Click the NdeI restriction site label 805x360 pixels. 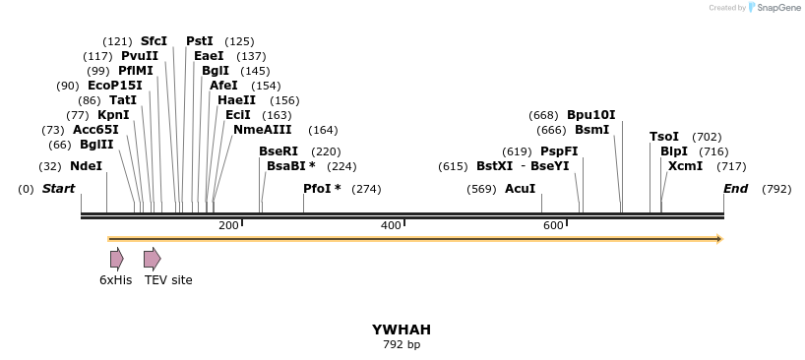coord(86,166)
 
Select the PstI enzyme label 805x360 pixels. coord(200,41)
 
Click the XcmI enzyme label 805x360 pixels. coord(685,166)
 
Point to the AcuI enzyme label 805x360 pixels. coord(520,189)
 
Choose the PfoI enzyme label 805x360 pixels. coord(322,189)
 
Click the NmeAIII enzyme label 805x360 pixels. coord(262,130)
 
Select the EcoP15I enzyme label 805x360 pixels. coord(114,86)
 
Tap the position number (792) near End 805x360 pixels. coord(775,189)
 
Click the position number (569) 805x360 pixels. coord(481,189)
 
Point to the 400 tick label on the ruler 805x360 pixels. coord(391,225)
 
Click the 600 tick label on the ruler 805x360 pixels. coord(553,225)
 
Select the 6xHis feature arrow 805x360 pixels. coord(116,259)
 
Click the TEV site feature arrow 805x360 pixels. coord(152,259)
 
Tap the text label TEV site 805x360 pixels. coord(168,280)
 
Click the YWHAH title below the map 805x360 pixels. coord(402,330)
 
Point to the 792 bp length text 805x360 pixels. coord(402,345)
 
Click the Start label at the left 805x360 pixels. coord(58,189)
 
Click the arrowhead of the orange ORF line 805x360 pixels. coord(719,239)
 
